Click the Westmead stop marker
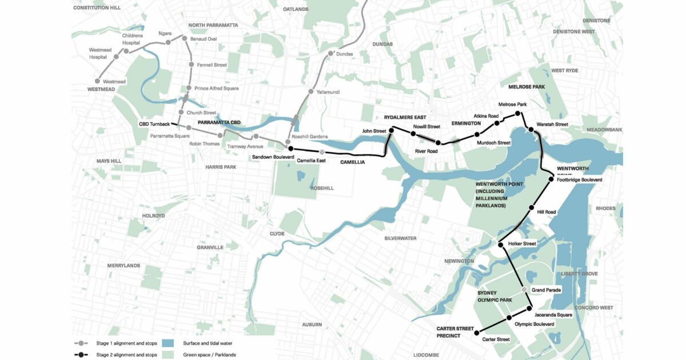(98, 82)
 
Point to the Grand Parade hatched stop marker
(524, 290)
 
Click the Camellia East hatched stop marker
(322, 152)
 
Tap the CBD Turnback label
(154, 124)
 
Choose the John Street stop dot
(392, 131)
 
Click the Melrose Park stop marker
(518, 114)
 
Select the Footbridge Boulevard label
(579, 180)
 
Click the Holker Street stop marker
(501, 245)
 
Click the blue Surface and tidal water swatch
(167, 343)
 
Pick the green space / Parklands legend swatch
(167, 355)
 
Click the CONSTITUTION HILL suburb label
(98, 7)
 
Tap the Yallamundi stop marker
(310, 91)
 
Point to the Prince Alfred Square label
(217, 89)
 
